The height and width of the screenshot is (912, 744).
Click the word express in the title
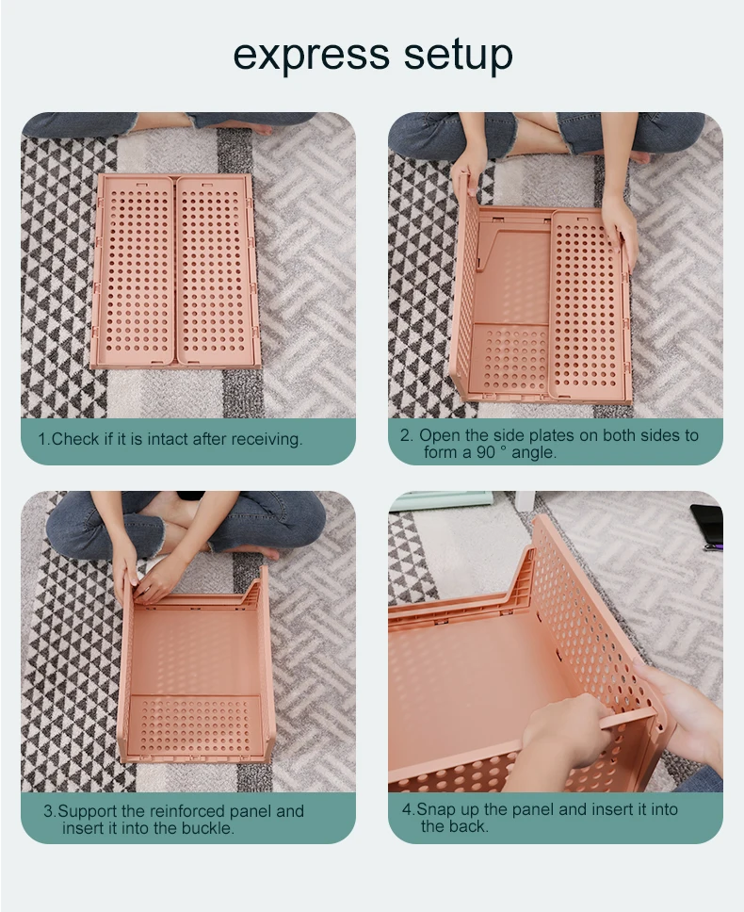click(x=312, y=56)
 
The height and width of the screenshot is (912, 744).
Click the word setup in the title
click(x=458, y=55)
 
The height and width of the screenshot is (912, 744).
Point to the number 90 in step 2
click(x=486, y=452)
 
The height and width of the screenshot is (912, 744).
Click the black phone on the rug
click(x=706, y=526)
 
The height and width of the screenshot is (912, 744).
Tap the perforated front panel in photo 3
click(x=193, y=725)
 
